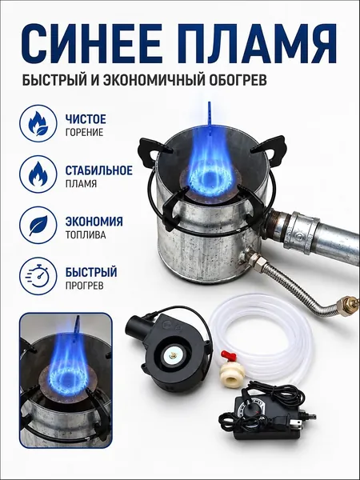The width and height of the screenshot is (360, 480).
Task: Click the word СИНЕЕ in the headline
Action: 91,43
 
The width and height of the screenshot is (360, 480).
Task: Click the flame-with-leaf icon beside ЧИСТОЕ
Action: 38,123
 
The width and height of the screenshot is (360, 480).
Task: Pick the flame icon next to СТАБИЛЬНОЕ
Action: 38,174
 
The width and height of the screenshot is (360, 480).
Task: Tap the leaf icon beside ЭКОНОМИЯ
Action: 38,225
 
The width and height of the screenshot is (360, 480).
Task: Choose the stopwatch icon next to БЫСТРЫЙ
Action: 38,276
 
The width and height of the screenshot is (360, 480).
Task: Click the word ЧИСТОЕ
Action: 86,119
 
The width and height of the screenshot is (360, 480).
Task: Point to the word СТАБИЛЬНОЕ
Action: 99,170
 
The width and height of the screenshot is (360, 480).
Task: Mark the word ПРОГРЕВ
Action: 84,286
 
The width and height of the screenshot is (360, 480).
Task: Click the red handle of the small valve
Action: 229,356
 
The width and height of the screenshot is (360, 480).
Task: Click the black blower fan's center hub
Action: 173,356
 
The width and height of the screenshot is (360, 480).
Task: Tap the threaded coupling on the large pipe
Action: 302,230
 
